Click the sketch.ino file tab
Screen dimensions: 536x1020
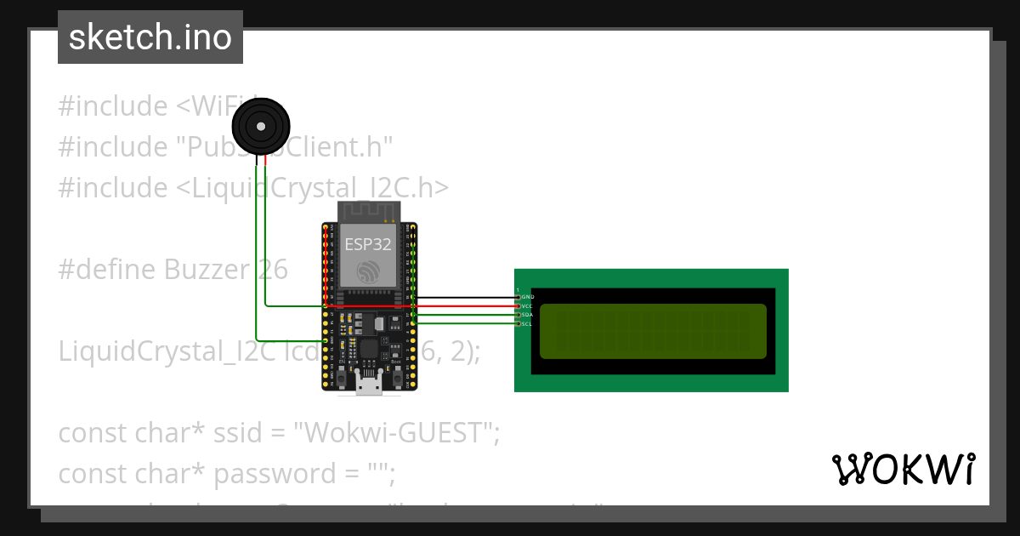pos(150,37)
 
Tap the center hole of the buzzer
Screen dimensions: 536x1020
pos(260,127)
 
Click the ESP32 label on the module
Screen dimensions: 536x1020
pos(368,245)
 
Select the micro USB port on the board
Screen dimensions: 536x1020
pos(368,387)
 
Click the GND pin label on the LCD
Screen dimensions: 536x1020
pos(527,297)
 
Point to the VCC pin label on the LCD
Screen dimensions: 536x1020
pos(527,305)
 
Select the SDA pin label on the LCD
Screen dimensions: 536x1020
pos(527,315)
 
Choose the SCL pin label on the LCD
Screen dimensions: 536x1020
pos(527,324)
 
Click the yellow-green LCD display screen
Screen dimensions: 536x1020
pos(652,331)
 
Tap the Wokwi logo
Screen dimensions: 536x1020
pos(903,470)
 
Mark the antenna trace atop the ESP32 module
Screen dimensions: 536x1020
pos(368,211)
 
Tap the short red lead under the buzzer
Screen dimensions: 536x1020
pos(265,159)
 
